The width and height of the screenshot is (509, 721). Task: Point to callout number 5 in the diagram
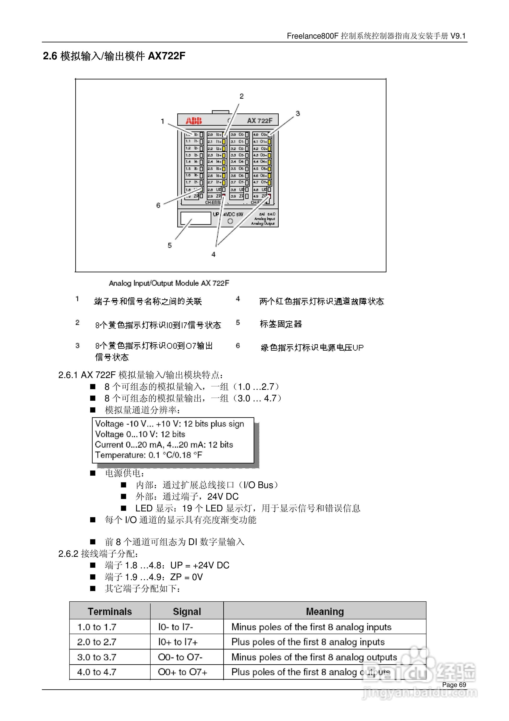[x=169, y=245]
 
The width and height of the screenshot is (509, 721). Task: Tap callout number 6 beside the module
[x=158, y=205]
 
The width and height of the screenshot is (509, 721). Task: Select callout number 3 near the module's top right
[x=297, y=113]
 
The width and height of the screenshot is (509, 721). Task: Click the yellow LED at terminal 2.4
[x=224, y=162]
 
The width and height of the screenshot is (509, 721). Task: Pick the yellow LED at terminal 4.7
[x=269, y=182]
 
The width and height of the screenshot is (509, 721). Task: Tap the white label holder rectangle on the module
[x=195, y=218]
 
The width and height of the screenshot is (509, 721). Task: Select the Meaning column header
[x=325, y=611]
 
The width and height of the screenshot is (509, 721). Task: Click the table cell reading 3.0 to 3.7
[x=97, y=657]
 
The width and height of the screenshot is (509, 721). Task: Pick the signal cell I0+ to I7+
[x=178, y=642]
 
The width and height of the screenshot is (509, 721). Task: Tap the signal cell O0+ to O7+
[x=182, y=672]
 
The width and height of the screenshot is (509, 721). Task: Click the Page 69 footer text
[x=454, y=685]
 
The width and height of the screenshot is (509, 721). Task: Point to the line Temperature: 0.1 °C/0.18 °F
[x=148, y=455]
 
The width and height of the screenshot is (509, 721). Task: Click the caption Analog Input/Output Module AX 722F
[x=169, y=283]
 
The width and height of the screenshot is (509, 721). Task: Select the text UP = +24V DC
[x=200, y=565]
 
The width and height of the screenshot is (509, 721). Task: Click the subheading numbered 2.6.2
[x=98, y=554]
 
